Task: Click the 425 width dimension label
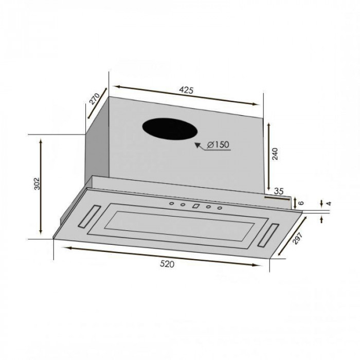(x=186, y=90)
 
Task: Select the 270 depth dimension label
(x=94, y=99)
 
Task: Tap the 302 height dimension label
(x=37, y=184)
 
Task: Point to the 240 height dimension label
(x=275, y=154)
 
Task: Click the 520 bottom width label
(x=167, y=264)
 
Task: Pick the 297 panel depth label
(x=298, y=238)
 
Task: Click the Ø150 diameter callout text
(x=218, y=145)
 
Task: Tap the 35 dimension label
(x=279, y=191)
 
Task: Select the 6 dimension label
(x=300, y=203)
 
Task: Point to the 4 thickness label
(x=329, y=204)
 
